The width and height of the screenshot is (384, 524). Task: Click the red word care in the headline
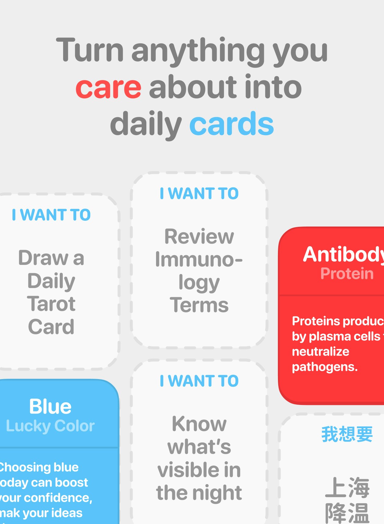tap(108, 88)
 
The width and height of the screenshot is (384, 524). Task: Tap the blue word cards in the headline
tap(232, 124)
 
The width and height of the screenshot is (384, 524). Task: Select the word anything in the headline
tap(198, 51)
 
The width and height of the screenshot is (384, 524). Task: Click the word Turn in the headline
tap(90, 50)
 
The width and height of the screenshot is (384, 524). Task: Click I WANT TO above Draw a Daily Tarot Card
tap(51, 215)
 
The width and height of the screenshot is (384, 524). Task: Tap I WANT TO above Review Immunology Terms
tap(199, 194)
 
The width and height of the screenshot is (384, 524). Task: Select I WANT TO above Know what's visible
tap(199, 381)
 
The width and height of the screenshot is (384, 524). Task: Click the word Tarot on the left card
tap(51, 304)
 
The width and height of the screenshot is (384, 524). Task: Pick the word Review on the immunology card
tap(199, 237)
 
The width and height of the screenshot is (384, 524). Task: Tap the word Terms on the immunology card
tap(199, 305)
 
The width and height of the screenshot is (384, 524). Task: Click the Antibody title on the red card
tap(343, 254)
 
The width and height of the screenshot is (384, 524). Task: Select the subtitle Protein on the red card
tap(347, 273)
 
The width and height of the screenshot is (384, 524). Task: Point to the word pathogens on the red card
tap(324, 367)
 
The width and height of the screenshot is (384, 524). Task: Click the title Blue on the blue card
tap(50, 406)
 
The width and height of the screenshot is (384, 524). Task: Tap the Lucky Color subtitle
tap(50, 426)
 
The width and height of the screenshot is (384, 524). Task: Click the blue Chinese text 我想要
tap(347, 434)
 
